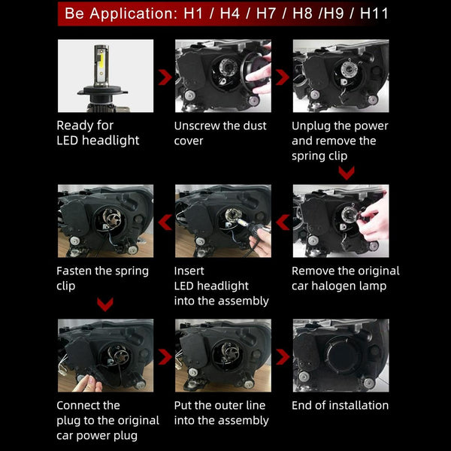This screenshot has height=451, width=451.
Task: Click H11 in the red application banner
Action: click(x=374, y=14)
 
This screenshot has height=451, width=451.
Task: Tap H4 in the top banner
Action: click(x=229, y=14)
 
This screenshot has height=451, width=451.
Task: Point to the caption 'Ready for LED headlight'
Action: click(x=98, y=133)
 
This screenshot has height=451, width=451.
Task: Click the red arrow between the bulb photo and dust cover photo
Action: click(x=165, y=77)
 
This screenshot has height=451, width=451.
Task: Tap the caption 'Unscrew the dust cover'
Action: click(x=220, y=133)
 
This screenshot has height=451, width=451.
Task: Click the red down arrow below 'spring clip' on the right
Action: click(x=347, y=173)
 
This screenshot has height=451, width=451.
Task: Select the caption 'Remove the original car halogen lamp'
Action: click(x=346, y=278)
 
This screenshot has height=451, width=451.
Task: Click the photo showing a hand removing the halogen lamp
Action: click(x=341, y=221)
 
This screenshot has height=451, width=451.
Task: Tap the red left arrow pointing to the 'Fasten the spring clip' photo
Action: click(x=165, y=222)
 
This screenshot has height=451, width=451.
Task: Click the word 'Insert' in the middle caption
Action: click(x=189, y=271)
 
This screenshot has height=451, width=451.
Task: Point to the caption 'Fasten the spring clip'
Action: click(x=102, y=278)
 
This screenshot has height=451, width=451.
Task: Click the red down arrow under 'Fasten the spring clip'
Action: click(x=105, y=304)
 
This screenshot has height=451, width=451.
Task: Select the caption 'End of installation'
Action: click(x=340, y=405)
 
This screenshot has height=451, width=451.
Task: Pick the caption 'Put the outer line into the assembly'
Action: click(x=221, y=413)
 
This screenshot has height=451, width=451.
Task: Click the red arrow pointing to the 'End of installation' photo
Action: click(x=283, y=357)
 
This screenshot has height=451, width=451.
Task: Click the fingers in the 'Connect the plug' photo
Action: click(x=87, y=384)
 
